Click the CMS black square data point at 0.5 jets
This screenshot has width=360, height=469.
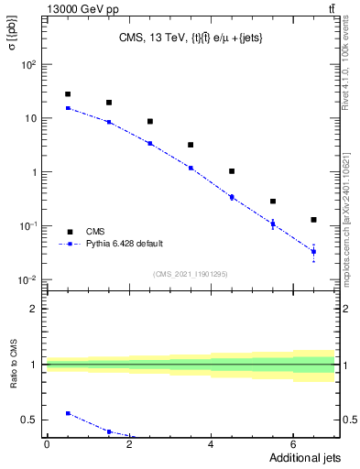(x=68, y=94)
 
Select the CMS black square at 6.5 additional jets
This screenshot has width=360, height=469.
(x=313, y=220)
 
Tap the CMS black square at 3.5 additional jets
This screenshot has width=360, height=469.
(x=191, y=145)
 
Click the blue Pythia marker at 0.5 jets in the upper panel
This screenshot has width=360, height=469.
(x=68, y=108)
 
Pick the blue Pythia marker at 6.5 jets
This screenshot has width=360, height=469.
(x=313, y=251)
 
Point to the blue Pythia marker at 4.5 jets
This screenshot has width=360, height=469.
(x=232, y=197)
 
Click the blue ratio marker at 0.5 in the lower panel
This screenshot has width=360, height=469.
(x=68, y=413)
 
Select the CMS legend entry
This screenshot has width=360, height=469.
(x=95, y=232)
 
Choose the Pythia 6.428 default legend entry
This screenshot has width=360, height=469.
(x=124, y=244)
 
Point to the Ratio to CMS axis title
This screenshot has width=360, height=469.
(x=13, y=365)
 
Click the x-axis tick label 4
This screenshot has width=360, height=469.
(x=212, y=444)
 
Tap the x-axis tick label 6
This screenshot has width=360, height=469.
(x=293, y=444)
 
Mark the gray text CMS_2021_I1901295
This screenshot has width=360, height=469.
(x=190, y=274)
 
